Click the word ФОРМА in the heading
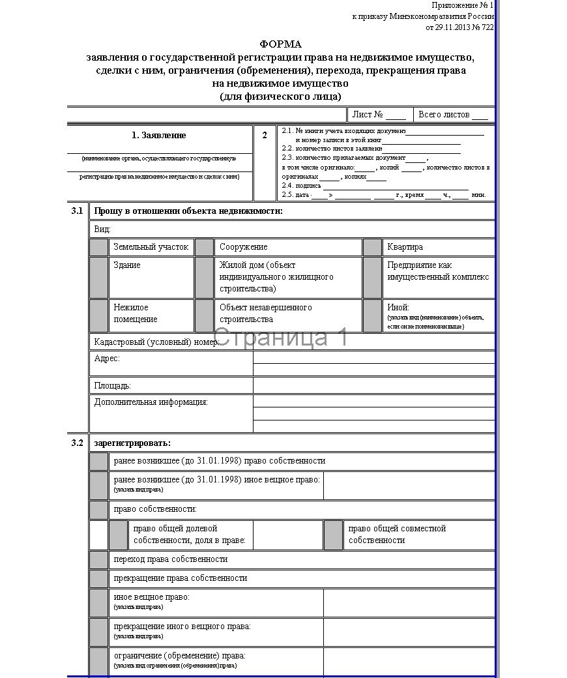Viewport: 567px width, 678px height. click(281, 44)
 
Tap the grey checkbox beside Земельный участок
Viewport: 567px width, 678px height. click(99, 247)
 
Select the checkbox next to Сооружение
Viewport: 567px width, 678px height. click(205, 247)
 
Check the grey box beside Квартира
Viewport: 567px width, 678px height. click(372, 247)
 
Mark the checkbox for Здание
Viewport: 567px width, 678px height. click(99, 277)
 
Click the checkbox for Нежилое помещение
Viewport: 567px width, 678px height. click(99, 316)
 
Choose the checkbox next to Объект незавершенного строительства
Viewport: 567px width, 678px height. click(205, 316)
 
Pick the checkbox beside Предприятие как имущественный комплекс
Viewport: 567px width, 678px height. click(372, 277)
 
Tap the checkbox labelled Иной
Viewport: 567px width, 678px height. click(372, 316)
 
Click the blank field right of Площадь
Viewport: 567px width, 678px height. click(373, 385)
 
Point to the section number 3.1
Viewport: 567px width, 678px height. click(78, 211)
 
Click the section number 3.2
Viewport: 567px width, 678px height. click(78, 443)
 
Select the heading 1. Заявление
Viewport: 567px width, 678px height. click(159, 136)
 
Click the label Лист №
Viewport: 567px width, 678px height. click(367, 115)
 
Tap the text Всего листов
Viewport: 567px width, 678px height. click(444, 115)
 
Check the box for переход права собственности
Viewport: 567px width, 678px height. click(99, 559)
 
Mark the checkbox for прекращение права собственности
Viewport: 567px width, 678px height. click(99, 578)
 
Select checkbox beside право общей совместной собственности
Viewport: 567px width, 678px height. click(333, 535)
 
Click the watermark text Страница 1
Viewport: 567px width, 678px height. click(280, 338)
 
